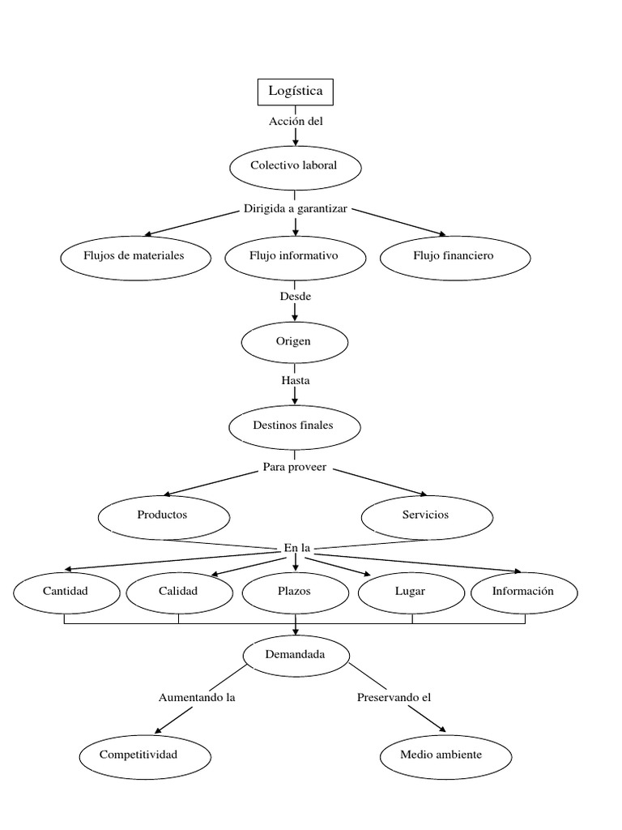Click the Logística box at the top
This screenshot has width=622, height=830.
coord(295,92)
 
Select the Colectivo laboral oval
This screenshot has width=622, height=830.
coord(295,166)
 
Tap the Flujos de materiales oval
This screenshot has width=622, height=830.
coord(134,256)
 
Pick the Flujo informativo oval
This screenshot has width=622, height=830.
coord(294,256)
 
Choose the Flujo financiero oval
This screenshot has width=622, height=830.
coord(454,256)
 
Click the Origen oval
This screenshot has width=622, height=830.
coord(294,342)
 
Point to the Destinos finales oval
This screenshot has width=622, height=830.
coord(294,426)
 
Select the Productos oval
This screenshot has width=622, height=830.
coord(163,516)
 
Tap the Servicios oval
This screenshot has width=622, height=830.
coord(426,516)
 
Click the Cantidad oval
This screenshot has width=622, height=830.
coord(66,592)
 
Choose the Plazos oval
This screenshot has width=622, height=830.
coord(295,592)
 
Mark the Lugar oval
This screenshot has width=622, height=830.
coord(411,592)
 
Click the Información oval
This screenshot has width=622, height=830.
coord(524,592)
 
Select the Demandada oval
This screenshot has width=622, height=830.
coord(296,655)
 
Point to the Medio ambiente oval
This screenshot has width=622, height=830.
coord(442,755)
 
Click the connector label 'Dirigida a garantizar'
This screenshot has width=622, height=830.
coord(296,209)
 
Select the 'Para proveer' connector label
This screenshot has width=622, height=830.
coord(295,468)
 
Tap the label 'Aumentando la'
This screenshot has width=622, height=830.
coord(197,698)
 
